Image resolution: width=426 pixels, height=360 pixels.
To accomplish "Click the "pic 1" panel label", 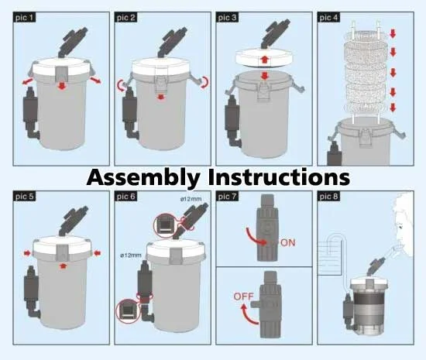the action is (x=24, y=17).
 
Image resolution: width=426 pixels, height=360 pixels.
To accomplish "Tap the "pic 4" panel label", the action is (x=328, y=17).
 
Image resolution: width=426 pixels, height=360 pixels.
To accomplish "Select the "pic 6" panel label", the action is (x=125, y=197).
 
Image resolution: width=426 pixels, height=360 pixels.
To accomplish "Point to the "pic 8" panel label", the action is (x=328, y=197).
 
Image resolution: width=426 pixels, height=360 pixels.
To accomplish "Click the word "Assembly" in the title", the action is (x=144, y=177).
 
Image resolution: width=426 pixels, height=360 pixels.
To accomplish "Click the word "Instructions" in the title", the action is (x=279, y=177).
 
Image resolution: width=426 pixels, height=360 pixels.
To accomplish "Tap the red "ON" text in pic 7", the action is (x=287, y=242).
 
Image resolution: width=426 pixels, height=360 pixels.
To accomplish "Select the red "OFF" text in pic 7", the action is (x=243, y=297).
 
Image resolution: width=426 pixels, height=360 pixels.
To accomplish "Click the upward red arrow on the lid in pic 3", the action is (x=263, y=60).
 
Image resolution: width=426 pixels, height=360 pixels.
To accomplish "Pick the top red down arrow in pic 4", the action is (x=393, y=33).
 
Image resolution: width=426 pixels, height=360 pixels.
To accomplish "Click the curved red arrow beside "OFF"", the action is (x=249, y=314).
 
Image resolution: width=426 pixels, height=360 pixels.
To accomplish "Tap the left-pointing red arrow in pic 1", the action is (x=27, y=82).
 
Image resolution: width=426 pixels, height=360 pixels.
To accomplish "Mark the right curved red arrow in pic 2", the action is (x=205, y=82).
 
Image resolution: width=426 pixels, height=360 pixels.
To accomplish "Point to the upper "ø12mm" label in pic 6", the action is (x=191, y=199).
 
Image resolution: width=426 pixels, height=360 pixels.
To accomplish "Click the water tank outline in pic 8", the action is (x=328, y=258).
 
